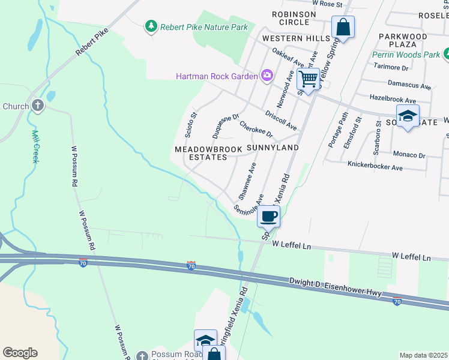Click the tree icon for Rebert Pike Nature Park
click(x=151, y=26)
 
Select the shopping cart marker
click(x=308, y=79)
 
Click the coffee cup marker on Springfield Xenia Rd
click(x=269, y=215)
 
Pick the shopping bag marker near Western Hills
click(x=343, y=27)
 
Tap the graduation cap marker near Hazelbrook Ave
click(x=408, y=116)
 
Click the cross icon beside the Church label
click(x=38, y=106)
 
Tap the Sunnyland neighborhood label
click(x=273, y=147)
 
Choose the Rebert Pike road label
click(x=91, y=42)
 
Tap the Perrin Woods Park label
click(x=405, y=55)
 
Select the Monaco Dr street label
click(x=409, y=155)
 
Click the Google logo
click(x=20, y=353)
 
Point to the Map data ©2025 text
click(x=423, y=355)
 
